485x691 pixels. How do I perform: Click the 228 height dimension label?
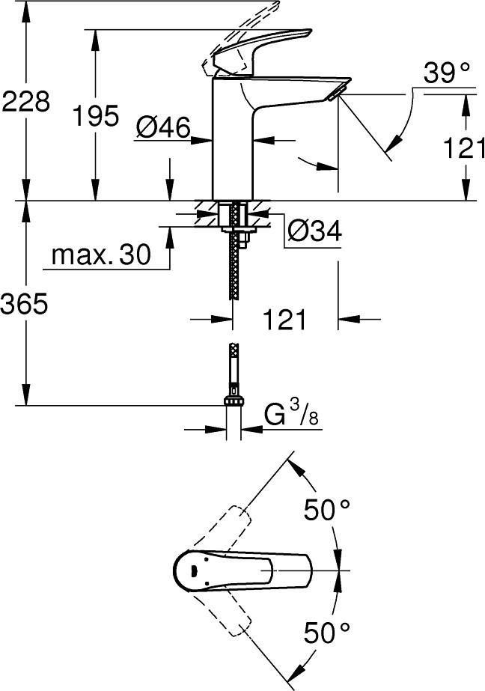coord(26,102)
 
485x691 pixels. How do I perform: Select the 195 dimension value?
coord(96,116)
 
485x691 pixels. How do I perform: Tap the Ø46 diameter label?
coord(163,128)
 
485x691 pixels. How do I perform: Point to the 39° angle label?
coord(447,73)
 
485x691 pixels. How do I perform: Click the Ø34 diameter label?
coord(314,231)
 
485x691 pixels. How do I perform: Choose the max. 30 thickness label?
coord(101,255)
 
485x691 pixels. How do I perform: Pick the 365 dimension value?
coord(24,304)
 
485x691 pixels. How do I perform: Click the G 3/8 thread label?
coord(291,415)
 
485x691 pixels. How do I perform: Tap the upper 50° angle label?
coord(327,510)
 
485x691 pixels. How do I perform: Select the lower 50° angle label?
coord(327,633)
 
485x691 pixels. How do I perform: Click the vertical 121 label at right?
coord(464,147)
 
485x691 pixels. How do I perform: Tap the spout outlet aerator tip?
coord(337,94)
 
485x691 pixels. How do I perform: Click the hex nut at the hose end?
coord(234,401)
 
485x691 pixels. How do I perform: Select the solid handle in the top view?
coord(242,570)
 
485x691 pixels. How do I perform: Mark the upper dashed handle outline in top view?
coord(225,528)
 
